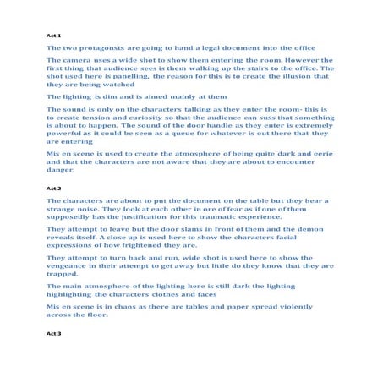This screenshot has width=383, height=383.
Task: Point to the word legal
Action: [204, 48]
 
